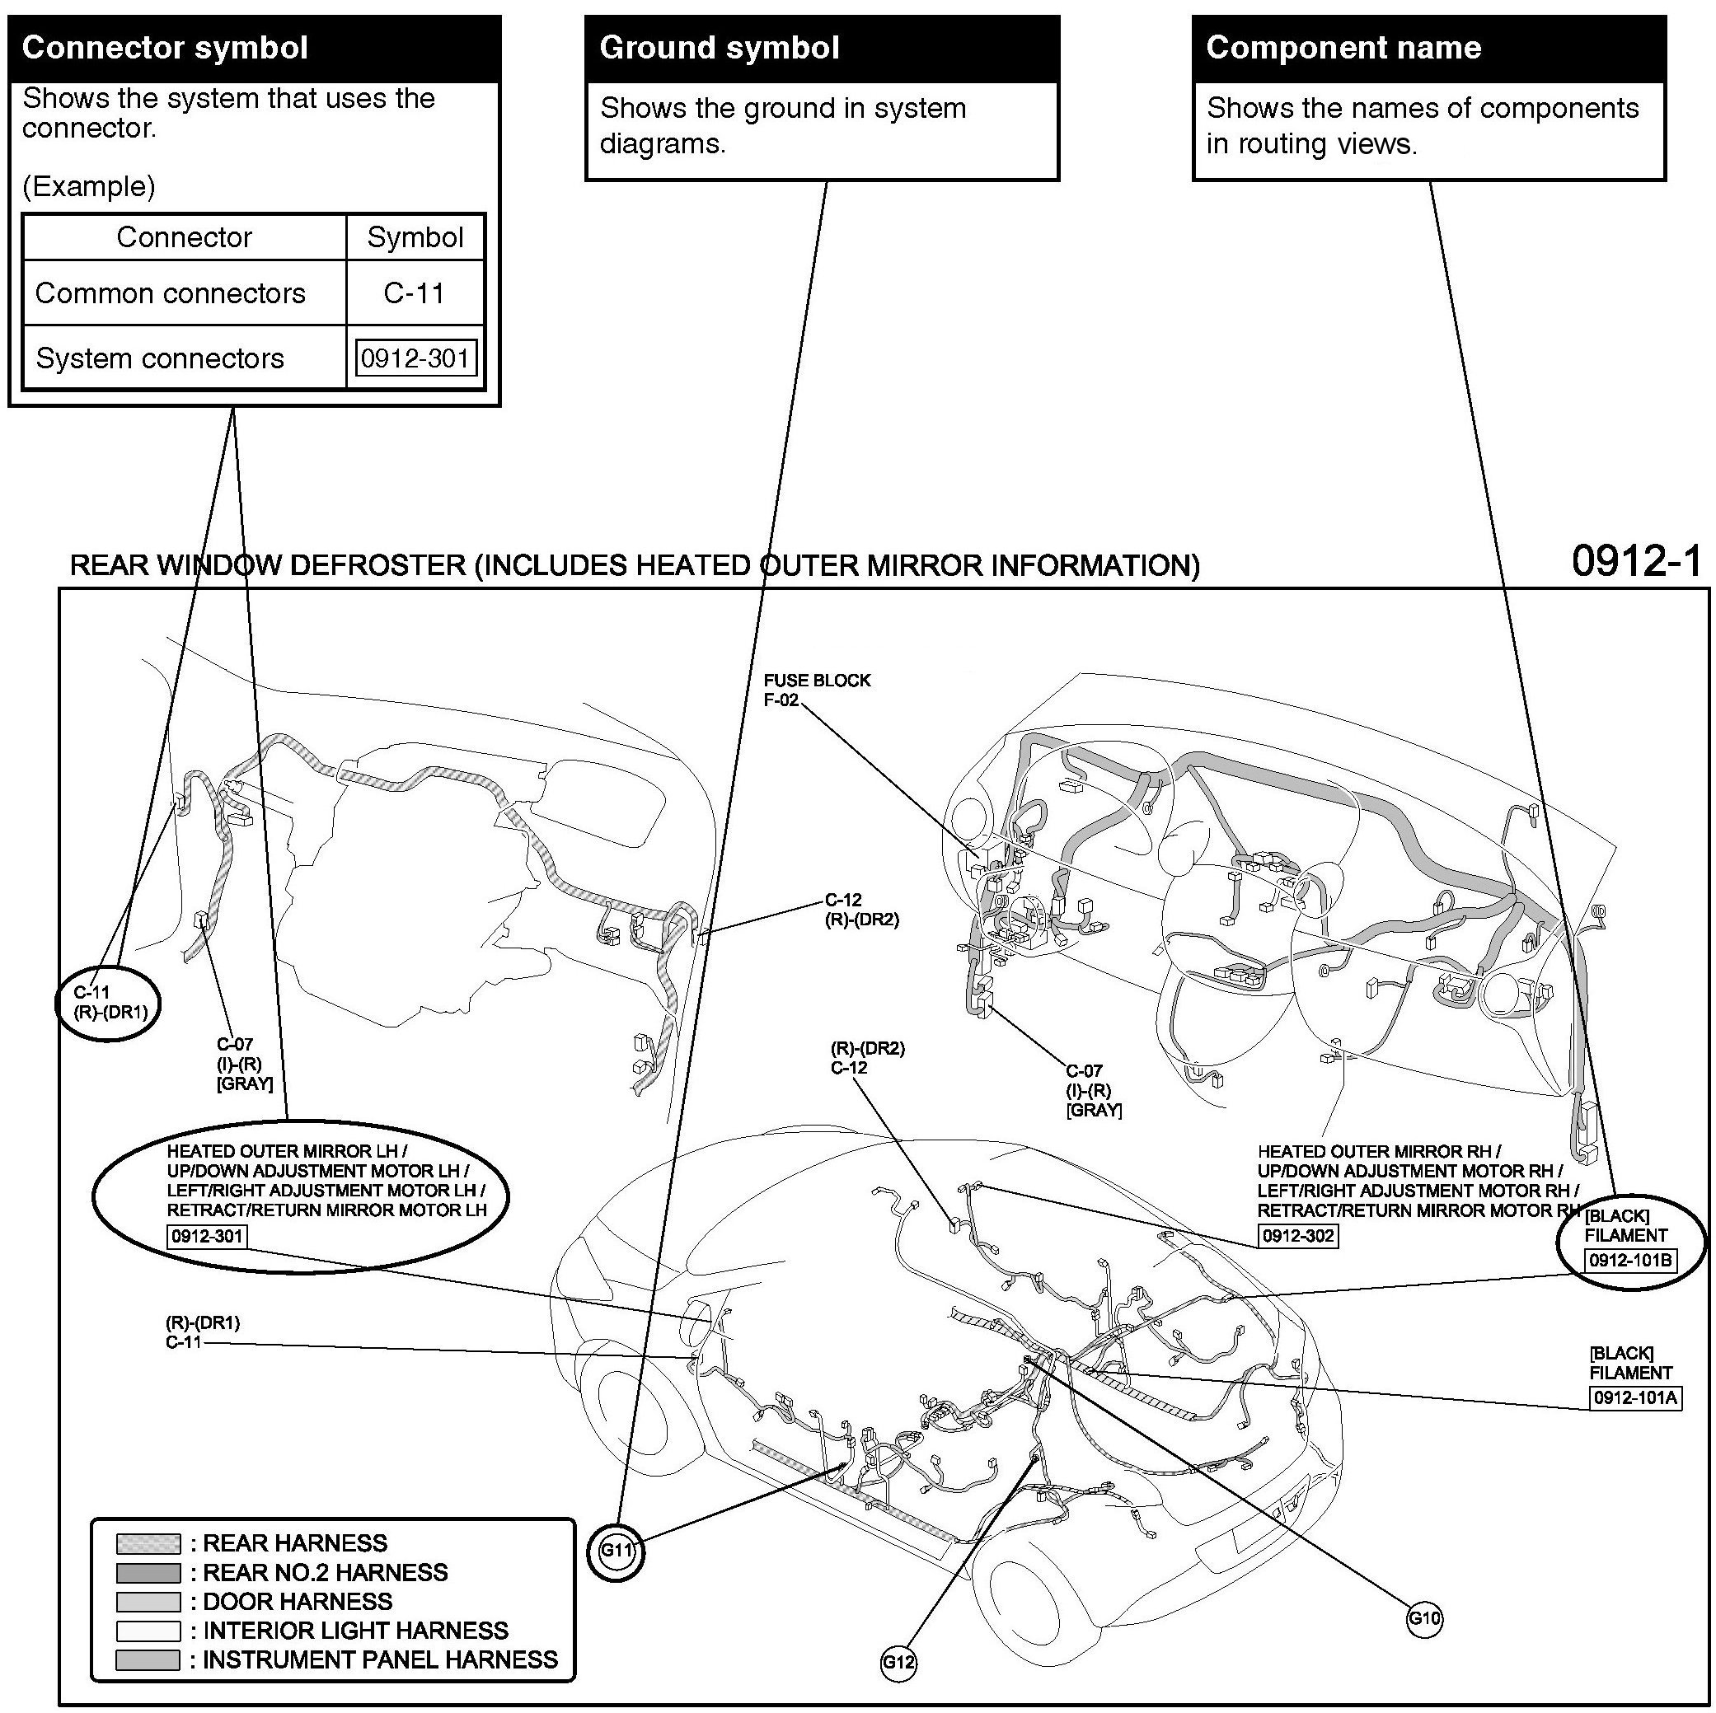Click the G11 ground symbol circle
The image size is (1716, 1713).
pyautogui.click(x=616, y=1551)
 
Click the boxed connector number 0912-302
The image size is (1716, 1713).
pyautogui.click(x=1296, y=1235)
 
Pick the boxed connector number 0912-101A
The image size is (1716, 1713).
pyautogui.click(x=1634, y=1397)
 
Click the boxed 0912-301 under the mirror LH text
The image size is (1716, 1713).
pyautogui.click(x=207, y=1235)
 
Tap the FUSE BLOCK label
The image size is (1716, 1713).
pyautogui.click(x=816, y=681)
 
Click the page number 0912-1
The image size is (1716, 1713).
pyautogui.click(x=1636, y=561)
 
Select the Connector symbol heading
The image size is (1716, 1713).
pyautogui.click(x=165, y=48)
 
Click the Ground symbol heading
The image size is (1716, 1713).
pyautogui.click(x=720, y=48)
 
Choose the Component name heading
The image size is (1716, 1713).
pyautogui.click(x=1343, y=48)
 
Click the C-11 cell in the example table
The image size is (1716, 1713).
pyautogui.click(x=414, y=293)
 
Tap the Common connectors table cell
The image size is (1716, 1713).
pyautogui.click(x=171, y=293)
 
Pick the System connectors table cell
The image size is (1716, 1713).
pyautogui.click(x=160, y=358)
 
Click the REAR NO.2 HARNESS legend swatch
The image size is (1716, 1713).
pyautogui.click(x=148, y=1573)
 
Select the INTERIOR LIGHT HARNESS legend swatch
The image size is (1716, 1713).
pyautogui.click(x=148, y=1631)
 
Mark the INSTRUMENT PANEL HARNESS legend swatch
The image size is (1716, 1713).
pyautogui.click(x=148, y=1659)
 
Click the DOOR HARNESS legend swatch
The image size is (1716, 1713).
pyautogui.click(x=148, y=1602)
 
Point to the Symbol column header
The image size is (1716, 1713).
pyautogui.click(x=415, y=237)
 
